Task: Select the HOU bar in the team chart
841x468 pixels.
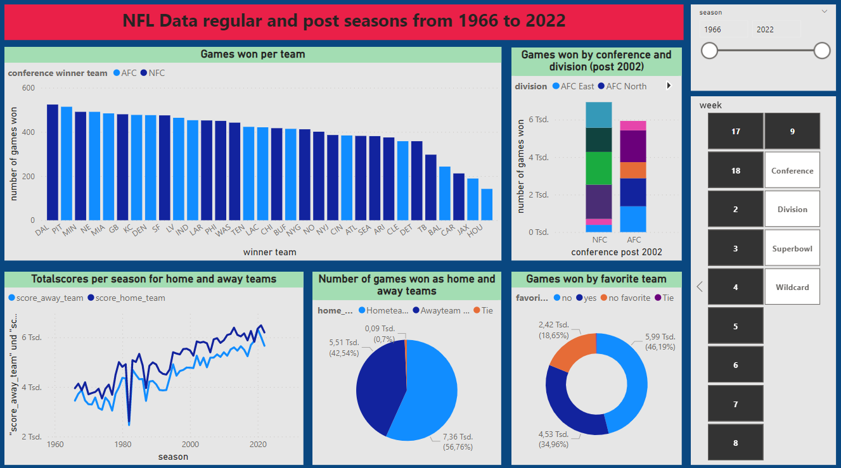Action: tap(487, 204)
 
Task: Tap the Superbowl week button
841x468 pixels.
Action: tap(792, 248)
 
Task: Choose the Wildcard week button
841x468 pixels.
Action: tap(792, 287)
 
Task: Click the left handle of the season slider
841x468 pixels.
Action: tap(710, 51)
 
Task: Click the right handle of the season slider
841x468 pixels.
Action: tap(822, 51)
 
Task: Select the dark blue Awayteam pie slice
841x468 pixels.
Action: tap(377, 386)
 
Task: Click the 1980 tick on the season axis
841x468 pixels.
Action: tap(122, 445)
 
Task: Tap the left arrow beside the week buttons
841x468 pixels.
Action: tap(700, 287)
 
